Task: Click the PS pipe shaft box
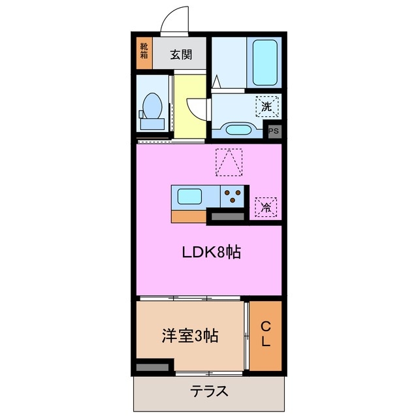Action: [x=274, y=131]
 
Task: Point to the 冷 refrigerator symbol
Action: [x=266, y=207]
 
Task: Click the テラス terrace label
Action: [x=210, y=392]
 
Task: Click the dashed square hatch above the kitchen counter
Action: [x=229, y=163]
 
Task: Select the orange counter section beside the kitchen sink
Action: [x=189, y=217]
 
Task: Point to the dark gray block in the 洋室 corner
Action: [x=153, y=367]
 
